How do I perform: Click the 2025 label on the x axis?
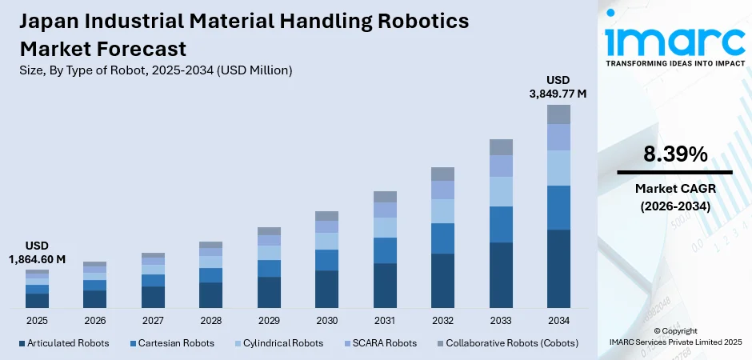tap(37, 320)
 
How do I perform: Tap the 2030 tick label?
tap(326, 320)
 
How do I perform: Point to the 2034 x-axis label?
tap(558, 320)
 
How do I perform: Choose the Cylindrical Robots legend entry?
tap(278, 343)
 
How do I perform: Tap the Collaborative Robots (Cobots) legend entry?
tap(506, 343)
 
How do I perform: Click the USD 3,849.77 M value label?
tap(558, 86)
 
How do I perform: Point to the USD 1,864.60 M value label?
tap(37, 252)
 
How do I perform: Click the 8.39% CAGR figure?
tap(674, 154)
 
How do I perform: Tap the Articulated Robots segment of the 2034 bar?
tap(558, 268)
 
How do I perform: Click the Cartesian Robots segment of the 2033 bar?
tap(501, 224)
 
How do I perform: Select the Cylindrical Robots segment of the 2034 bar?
tap(558, 168)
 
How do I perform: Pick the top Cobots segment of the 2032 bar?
tap(442, 174)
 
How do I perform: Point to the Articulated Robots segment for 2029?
tap(269, 292)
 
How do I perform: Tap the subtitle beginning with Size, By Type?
tap(152, 70)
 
